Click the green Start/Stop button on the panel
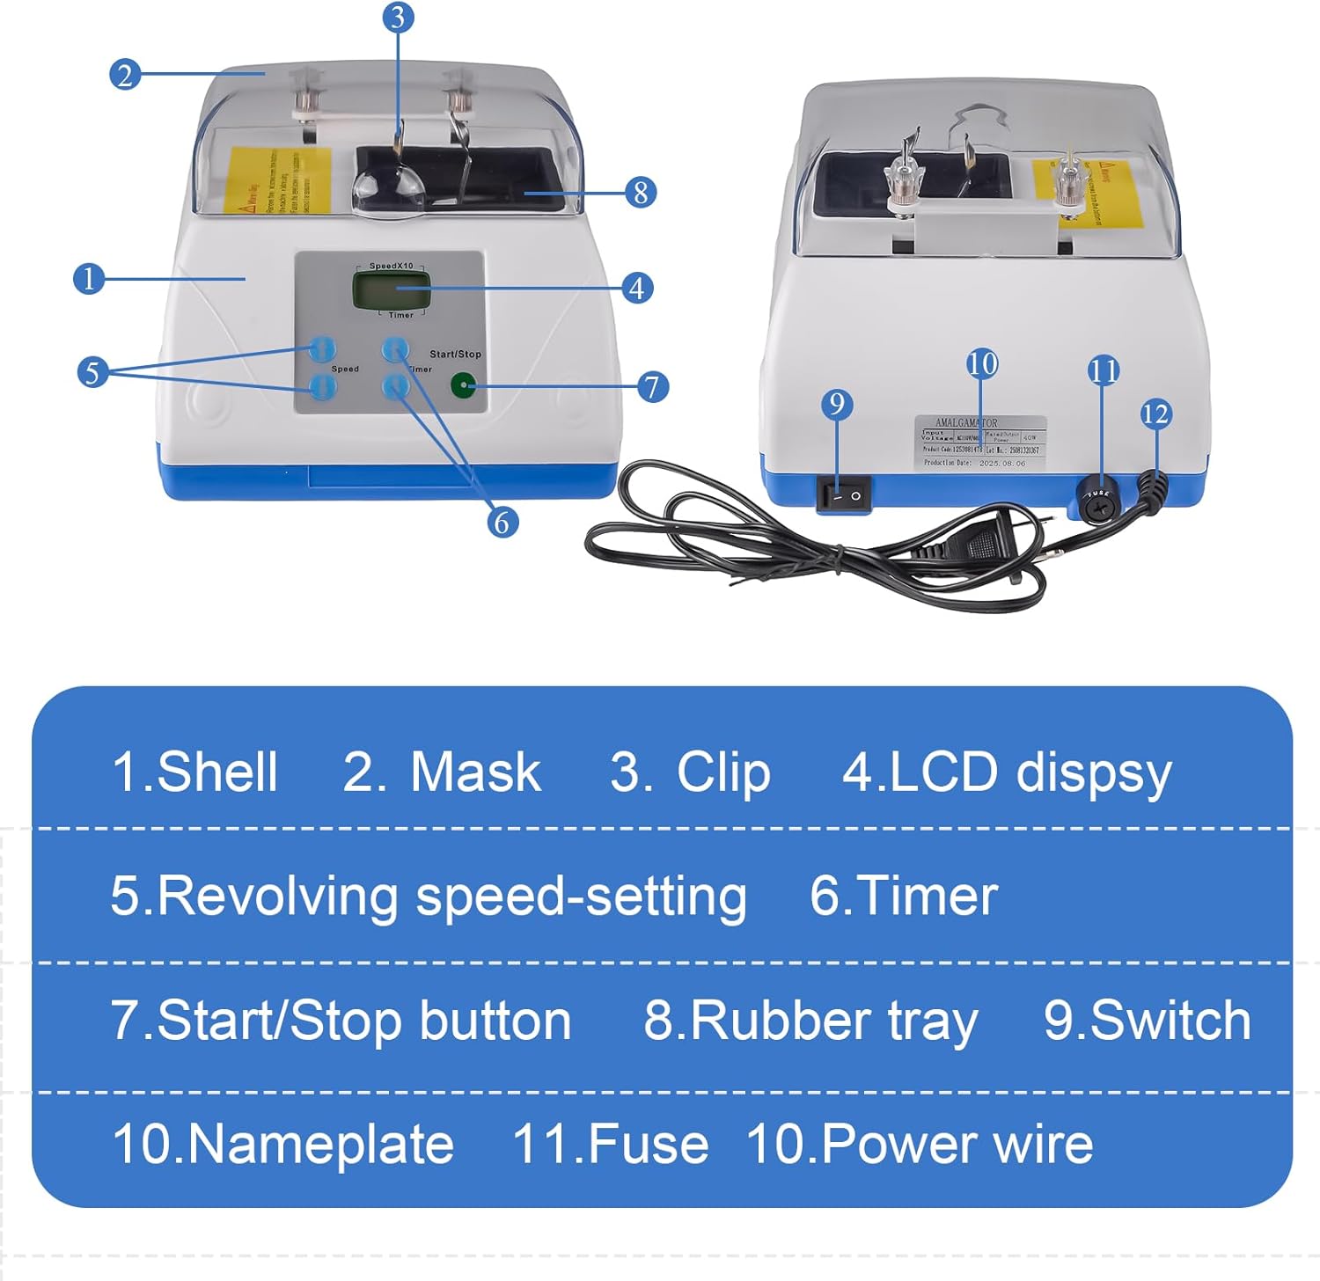(x=463, y=385)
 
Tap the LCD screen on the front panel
(x=392, y=289)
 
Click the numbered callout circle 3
(x=399, y=17)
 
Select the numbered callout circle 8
(x=640, y=192)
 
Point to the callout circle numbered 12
(x=1155, y=414)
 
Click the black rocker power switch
(x=843, y=495)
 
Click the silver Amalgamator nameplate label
(x=980, y=443)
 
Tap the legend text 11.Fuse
(x=610, y=1144)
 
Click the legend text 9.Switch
(x=1147, y=1021)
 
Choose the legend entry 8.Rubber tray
(x=810, y=1021)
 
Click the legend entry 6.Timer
(x=903, y=896)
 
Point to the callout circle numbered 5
(x=92, y=372)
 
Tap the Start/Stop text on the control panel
(x=455, y=354)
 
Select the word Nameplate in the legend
(x=320, y=1144)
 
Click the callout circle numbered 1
(x=88, y=279)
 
